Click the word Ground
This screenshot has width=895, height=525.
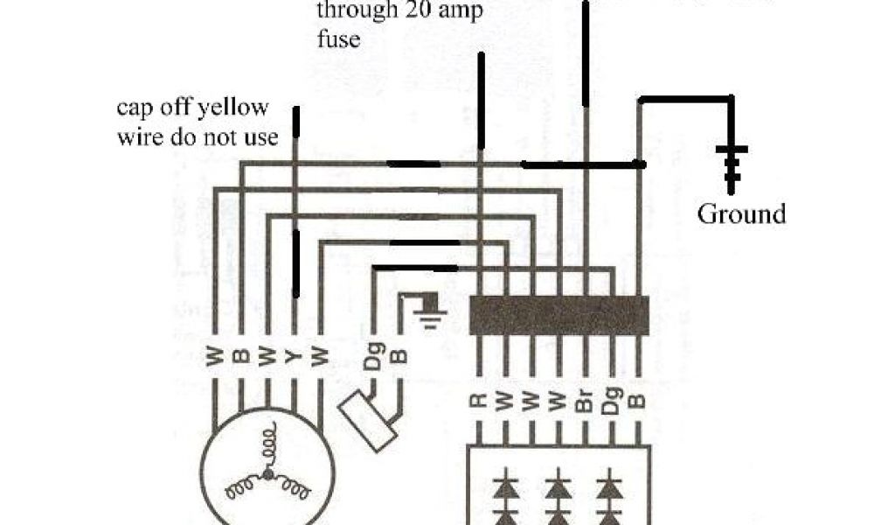coord(741,213)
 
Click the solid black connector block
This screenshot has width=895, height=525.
coord(559,315)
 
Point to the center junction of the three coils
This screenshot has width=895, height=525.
coord(268,475)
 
